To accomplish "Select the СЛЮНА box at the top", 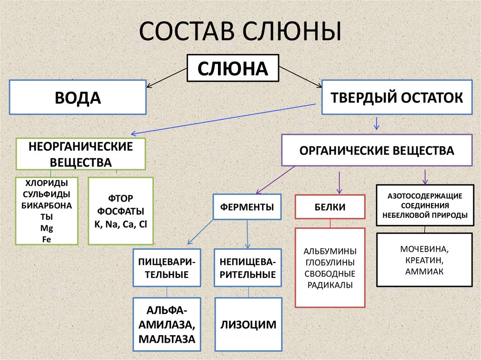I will pyautogui.click(x=233, y=69).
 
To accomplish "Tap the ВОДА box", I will pyautogui.click(x=78, y=98).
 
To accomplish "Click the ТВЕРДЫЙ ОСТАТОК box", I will pyautogui.click(x=397, y=98).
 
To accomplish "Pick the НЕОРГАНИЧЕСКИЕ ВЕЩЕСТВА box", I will pyautogui.click(x=81, y=154).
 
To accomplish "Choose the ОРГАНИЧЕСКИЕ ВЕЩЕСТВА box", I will pyautogui.click(x=377, y=151).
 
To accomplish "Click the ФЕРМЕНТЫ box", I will pyautogui.click(x=247, y=207).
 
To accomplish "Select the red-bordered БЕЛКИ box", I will pyautogui.click(x=330, y=207).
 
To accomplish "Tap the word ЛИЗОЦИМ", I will pyautogui.click(x=248, y=325).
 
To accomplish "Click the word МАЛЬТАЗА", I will pyautogui.click(x=167, y=338).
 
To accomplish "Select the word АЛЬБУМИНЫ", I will pyautogui.click(x=330, y=251).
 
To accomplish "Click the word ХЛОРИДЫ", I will pyautogui.click(x=47, y=183).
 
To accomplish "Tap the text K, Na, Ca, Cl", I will pyautogui.click(x=121, y=224).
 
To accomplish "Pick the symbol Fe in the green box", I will pyautogui.click(x=47, y=239).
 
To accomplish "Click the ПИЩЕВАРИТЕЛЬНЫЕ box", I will pyautogui.click(x=167, y=268).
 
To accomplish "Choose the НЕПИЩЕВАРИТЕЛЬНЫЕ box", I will pyautogui.click(x=248, y=268).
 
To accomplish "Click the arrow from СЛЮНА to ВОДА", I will pyautogui.click(x=167, y=77).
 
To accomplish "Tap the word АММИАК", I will pyautogui.click(x=424, y=271).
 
